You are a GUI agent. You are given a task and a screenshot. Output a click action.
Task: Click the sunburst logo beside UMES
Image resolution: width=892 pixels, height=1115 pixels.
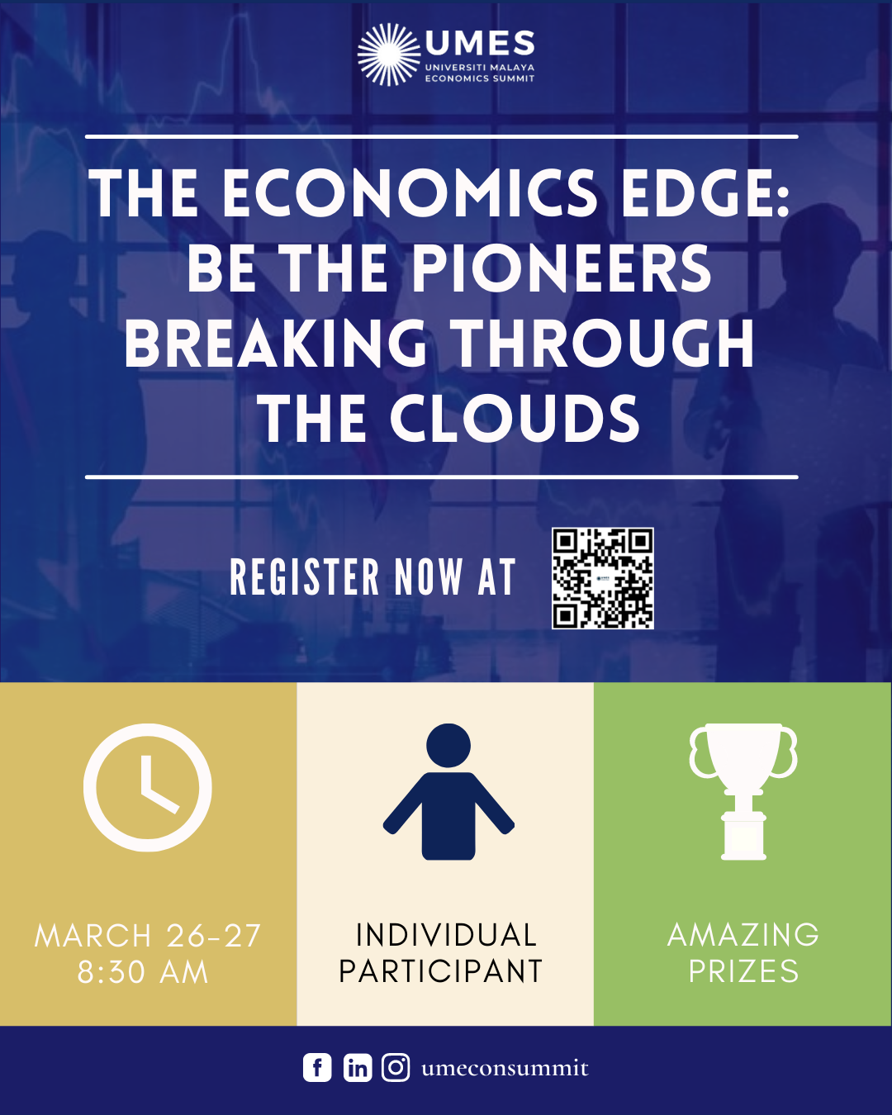coord(389,55)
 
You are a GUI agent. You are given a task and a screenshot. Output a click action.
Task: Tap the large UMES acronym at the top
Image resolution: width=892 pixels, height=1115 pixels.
coord(479,43)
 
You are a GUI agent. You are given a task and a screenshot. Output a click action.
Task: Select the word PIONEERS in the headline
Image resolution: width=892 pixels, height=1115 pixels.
coord(562,268)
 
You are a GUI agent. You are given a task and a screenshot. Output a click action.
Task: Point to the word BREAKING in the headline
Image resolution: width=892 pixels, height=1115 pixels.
coord(276,343)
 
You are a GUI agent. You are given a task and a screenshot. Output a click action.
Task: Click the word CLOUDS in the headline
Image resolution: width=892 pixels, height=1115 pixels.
coord(515,418)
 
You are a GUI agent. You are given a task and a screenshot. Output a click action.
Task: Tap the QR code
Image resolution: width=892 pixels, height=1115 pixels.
coord(603,578)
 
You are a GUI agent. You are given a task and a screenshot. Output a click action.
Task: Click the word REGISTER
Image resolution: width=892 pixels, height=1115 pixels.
coord(305,576)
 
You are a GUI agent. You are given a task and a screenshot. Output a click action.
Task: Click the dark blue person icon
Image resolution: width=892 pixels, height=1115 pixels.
coord(448,792)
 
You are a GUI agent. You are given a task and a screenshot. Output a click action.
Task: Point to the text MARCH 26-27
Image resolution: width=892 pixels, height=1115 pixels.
coord(148,936)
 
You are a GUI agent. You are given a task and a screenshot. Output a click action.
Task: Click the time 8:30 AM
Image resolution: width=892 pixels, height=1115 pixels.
coord(143,972)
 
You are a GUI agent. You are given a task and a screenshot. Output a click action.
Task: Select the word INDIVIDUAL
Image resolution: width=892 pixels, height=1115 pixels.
coord(446,935)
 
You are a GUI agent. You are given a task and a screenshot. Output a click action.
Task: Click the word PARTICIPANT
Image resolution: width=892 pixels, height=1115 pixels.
coord(440,971)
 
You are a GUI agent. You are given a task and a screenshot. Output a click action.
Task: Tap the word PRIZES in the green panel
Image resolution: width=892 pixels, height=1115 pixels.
coord(744,971)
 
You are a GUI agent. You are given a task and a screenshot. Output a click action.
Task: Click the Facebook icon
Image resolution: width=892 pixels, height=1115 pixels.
coord(317,1068)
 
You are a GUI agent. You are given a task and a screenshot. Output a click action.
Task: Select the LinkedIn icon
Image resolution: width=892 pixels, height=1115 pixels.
coord(358,1068)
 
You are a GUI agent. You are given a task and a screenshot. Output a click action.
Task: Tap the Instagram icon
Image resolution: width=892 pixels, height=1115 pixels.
coord(396,1068)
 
